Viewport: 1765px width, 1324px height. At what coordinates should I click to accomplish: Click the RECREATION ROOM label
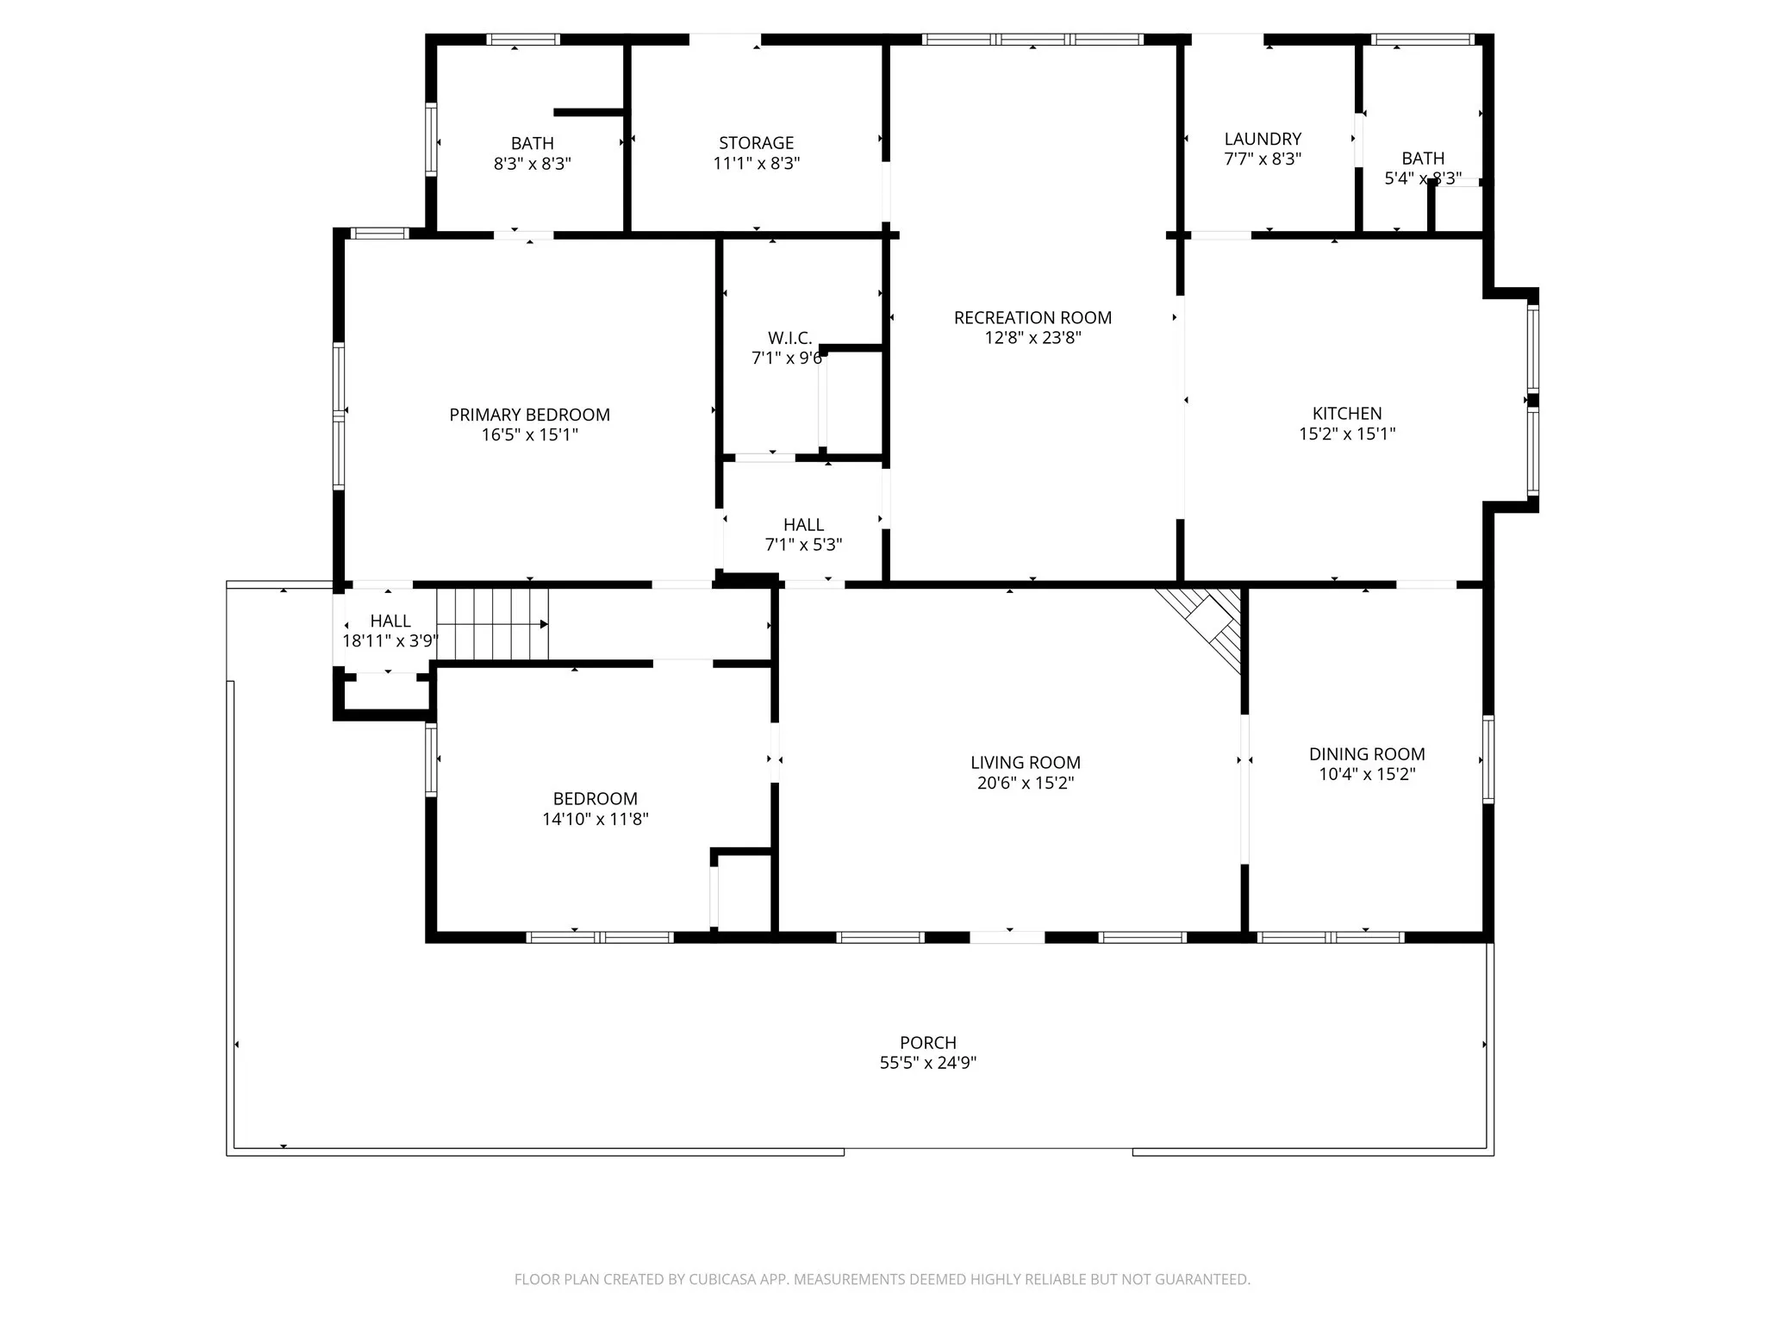tap(1032, 318)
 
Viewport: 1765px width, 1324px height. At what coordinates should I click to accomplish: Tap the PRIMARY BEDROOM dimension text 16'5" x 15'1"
tap(529, 435)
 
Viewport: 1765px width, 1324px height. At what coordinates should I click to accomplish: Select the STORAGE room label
tap(756, 143)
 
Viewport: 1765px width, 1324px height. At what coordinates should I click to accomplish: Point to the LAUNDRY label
tap(1263, 139)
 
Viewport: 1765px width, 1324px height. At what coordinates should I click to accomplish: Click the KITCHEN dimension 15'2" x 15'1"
tap(1347, 434)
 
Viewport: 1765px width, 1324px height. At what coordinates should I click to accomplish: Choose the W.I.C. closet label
tap(789, 338)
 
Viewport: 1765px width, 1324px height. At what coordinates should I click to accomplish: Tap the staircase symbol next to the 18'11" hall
tap(492, 624)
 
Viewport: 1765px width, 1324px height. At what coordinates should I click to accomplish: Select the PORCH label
tap(928, 1043)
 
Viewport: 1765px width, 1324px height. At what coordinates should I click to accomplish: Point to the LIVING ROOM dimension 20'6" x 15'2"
tap(1025, 784)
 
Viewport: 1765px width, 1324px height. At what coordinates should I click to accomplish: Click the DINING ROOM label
tap(1367, 754)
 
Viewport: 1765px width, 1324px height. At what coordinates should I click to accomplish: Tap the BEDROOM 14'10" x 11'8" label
tap(595, 799)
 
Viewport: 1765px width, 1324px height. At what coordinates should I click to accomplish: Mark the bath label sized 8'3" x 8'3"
tap(532, 144)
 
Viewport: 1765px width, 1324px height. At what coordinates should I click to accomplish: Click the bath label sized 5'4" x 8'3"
tap(1423, 159)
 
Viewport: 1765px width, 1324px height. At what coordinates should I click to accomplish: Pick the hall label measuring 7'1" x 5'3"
tap(803, 525)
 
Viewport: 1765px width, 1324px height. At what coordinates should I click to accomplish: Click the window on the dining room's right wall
tap(1488, 759)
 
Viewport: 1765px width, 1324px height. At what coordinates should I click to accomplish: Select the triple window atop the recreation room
tap(1032, 40)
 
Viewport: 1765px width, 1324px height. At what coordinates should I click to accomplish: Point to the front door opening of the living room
tap(1007, 937)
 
